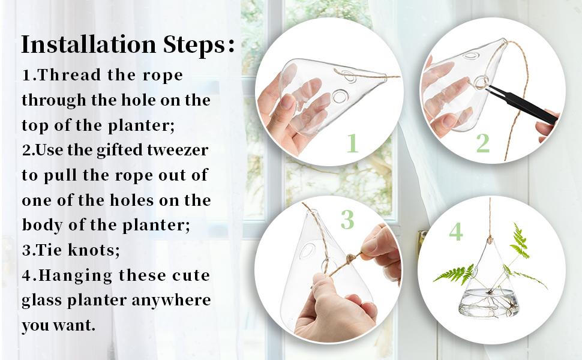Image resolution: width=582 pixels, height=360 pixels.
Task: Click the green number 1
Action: tap(352, 143)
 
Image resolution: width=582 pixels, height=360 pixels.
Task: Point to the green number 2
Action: tap(482, 143)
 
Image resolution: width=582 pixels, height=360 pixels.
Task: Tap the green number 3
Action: tap(347, 220)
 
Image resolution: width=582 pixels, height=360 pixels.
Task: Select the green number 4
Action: tap(456, 232)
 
